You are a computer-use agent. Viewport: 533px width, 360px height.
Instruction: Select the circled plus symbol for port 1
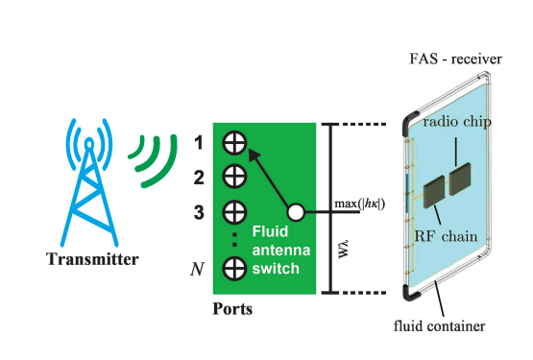[234, 143]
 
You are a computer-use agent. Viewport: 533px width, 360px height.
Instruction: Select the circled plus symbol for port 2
[234, 177]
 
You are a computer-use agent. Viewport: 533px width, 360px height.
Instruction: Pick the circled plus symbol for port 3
[234, 211]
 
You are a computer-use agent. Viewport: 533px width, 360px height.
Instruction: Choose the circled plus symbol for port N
[234, 268]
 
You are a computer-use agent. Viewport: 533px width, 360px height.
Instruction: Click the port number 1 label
[198, 142]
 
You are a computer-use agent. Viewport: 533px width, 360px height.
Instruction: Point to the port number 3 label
[198, 212]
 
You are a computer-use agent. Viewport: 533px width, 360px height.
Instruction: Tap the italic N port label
[199, 269]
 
